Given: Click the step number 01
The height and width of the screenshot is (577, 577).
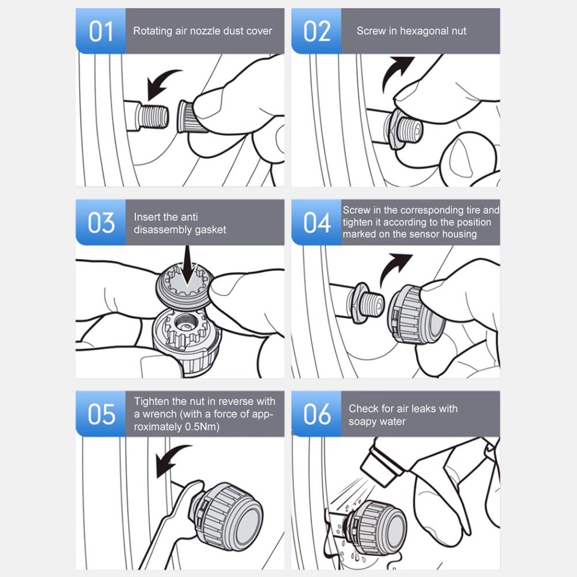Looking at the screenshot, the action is point(100,32).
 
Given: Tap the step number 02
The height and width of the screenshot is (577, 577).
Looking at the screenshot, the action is point(316,32).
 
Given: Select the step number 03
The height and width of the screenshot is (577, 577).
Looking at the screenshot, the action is point(101,223).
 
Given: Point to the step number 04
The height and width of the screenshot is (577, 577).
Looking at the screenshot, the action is point(316,223).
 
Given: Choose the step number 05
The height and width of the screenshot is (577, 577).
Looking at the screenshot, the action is point(101,414).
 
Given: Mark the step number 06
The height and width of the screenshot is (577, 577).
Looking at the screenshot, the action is point(316,414).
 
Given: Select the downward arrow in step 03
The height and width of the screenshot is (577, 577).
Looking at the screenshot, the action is point(188,266).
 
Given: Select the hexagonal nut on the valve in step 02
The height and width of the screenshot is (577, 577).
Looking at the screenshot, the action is point(393,126).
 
